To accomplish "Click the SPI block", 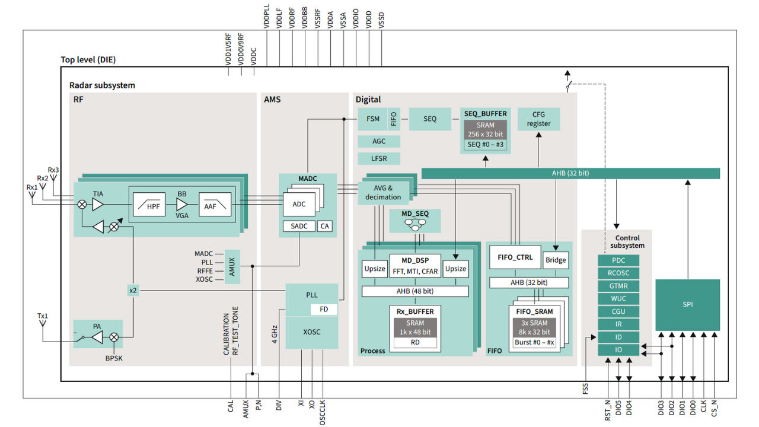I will pyautogui.click(x=687, y=305).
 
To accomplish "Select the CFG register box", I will pyautogui.click(x=538, y=119).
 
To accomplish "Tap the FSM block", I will pyautogui.click(x=372, y=119).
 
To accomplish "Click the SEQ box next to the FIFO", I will pyautogui.click(x=430, y=119).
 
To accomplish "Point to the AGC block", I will pyautogui.click(x=379, y=142).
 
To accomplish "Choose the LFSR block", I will pyautogui.click(x=379, y=158).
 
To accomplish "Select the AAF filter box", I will pyautogui.click(x=215, y=205).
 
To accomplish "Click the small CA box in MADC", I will pyautogui.click(x=324, y=226).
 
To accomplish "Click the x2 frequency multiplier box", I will pyautogui.click(x=132, y=290).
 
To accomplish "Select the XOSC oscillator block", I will pyautogui.click(x=311, y=332).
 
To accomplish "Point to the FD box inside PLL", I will pyautogui.click(x=324, y=310).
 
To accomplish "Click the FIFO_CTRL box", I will pyautogui.click(x=515, y=257).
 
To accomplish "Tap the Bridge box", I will pyautogui.click(x=556, y=260).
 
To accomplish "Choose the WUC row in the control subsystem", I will pyautogui.click(x=618, y=298).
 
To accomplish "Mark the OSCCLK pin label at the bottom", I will pyautogui.click(x=323, y=412).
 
